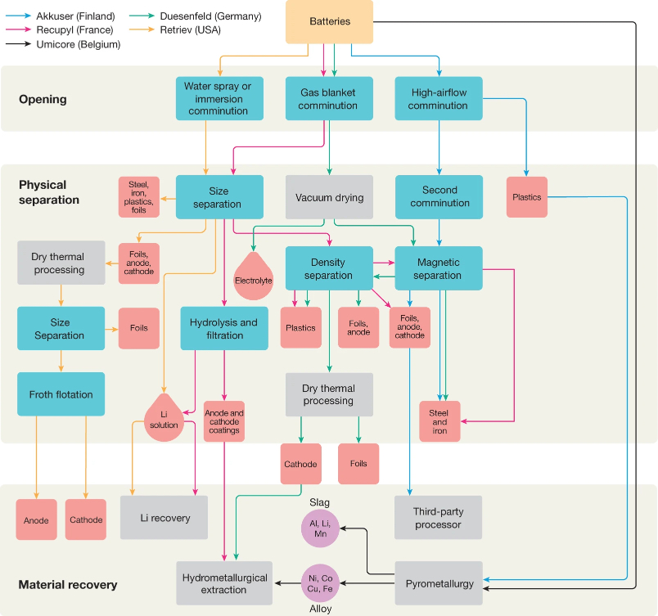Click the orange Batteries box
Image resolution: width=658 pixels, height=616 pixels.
point(330,22)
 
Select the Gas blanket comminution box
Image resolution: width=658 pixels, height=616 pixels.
point(330,98)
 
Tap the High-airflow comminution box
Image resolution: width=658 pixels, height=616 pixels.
point(439,98)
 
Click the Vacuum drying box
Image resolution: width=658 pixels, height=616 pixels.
point(330,197)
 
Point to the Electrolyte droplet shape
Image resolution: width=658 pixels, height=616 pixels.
point(253,277)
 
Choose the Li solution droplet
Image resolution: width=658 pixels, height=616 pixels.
point(164,419)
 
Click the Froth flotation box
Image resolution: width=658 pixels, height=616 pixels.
point(61,394)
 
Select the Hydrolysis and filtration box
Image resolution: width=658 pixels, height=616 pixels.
point(224,328)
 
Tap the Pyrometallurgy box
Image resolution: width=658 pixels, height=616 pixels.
point(439,583)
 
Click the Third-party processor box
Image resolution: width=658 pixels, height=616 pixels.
point(438,518)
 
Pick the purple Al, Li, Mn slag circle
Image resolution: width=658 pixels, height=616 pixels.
point(320,528)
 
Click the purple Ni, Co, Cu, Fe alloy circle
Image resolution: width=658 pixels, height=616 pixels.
point(320,583)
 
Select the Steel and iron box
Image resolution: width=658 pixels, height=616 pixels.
point(439,421)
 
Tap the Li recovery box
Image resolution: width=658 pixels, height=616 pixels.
point(164,518)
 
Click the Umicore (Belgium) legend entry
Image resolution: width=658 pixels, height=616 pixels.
point(63,44)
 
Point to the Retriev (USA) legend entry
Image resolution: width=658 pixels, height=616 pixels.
point(175,29)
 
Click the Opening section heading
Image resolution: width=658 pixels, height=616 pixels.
point(43,99)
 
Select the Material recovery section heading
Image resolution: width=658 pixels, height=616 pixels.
point(68,585)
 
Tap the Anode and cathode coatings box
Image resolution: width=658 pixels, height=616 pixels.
point(224,421)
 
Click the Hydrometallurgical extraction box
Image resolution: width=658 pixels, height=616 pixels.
point(224,583)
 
